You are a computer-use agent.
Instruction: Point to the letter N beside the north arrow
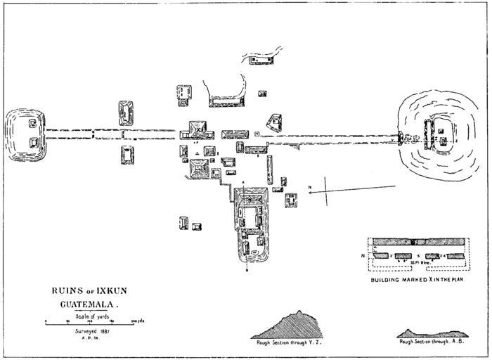tap(310, 186)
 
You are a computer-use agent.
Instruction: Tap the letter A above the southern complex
tap(243, 182)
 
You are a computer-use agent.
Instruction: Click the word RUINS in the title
tap(65, 290)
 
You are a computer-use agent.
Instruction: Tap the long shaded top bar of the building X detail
tap(419, 241)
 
